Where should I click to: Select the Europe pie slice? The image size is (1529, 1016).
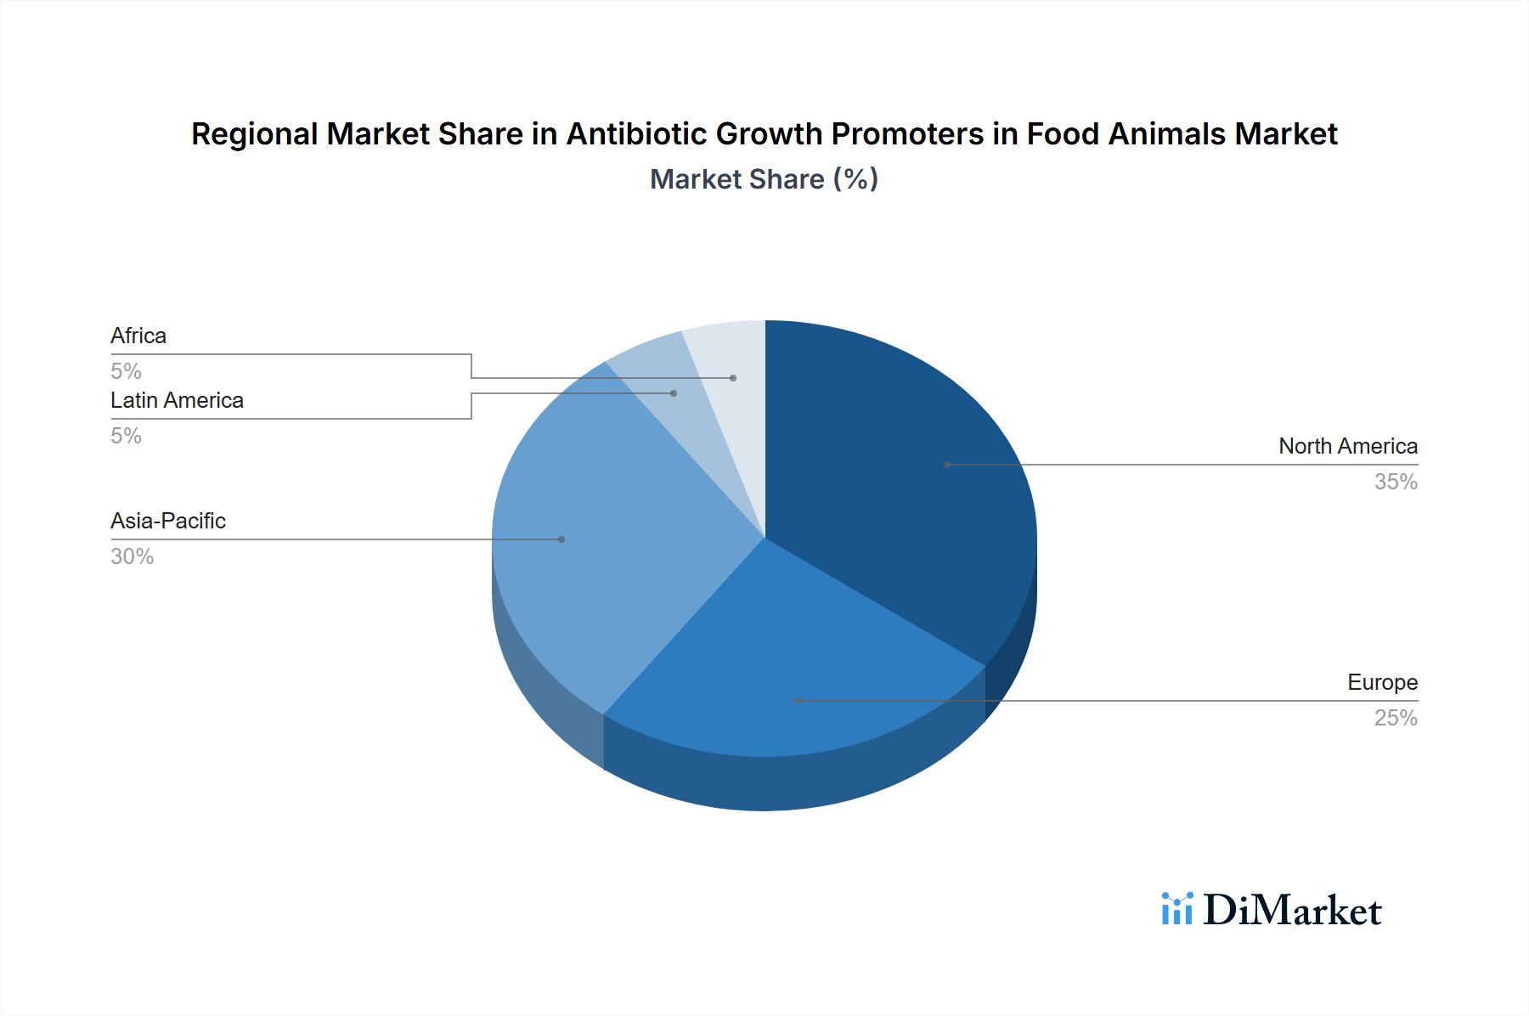[x=790, y=671]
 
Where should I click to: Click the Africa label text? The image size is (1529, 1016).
[x=138, y=336]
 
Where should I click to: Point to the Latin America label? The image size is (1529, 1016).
[x=177, y=401]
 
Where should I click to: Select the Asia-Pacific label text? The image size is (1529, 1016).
[x=168, y=522]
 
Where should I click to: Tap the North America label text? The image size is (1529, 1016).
[x=1347, y=447]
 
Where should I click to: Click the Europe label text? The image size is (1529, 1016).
[x=1382, y=683]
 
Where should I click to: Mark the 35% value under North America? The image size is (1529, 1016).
[x=1396, y=483]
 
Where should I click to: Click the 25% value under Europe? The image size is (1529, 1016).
[x=1396, y=719]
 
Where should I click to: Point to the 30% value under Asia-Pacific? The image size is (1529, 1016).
[x=132, y=557]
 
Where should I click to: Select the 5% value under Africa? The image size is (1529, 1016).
[x=126, y=372]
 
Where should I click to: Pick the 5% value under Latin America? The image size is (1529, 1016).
[x=126, y=437]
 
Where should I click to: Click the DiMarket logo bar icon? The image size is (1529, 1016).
[x=1177, y=910]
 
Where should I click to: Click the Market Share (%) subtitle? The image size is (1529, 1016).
[x=764, y=179]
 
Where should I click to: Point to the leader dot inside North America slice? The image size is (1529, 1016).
[x=947, y=465]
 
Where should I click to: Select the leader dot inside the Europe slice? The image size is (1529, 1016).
[x=798, y=701]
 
